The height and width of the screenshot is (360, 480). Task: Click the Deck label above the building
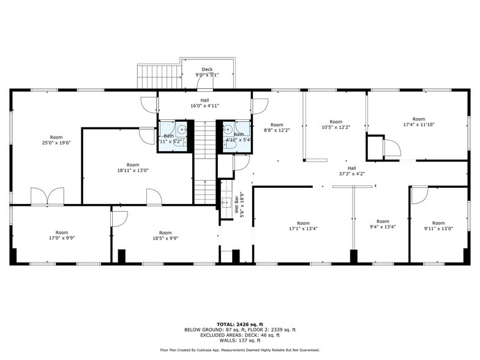click(208, 69)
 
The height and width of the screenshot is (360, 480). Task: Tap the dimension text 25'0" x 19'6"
click(56, 143)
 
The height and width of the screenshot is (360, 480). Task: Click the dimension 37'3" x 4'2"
click(351, 173)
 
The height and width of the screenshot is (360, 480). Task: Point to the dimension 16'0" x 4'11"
click(204, 105)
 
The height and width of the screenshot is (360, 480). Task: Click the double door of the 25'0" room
click(47, 196)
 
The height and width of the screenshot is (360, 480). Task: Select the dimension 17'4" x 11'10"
click(418, 124)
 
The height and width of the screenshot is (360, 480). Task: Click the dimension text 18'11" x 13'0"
click(133, 170)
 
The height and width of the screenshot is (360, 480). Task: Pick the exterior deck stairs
click(157, 77)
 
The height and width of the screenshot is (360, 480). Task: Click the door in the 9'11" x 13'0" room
click(419, 195)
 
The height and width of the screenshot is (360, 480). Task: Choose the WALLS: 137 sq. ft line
click(240, 341)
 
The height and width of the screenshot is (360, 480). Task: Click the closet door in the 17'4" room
click(391, 148)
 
